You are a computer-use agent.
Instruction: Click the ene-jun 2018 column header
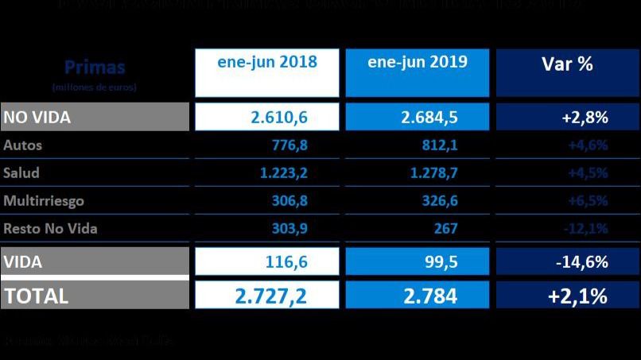(x=267, y=63)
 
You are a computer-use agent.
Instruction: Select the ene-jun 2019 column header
(x=418, y=62)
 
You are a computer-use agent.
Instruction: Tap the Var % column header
(x=568, y=64)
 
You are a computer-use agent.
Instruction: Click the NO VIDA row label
(x=37, y=118)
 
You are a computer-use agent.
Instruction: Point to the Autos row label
(x=23, y=145)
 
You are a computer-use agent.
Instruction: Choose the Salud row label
(x=21, y=173)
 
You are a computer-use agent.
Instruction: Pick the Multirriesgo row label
(x=44, y=201)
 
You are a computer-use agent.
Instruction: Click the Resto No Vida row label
(x=50, y=229)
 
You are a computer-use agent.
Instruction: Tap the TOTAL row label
(x=37, y=296)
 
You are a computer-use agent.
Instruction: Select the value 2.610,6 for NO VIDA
(x=279, y=118)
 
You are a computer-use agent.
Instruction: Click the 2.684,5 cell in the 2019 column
(x=429, y=118)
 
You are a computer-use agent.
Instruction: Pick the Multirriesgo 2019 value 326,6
(x=439, y=201)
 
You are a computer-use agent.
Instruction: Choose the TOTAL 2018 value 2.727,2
(x=271, y=296)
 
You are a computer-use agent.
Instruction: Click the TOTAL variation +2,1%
(x=578, y=296)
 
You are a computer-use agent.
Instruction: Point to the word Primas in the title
(x=94, y=67)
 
